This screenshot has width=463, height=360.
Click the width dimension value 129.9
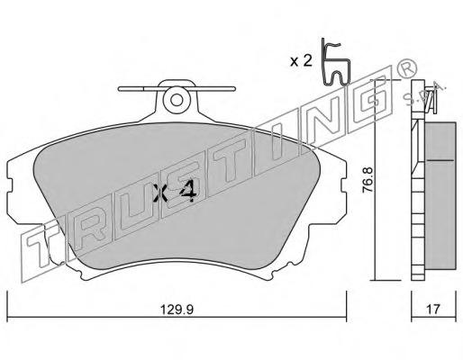pos(177,309)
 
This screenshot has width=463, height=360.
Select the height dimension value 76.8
pos(368,180)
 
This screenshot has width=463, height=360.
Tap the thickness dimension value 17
pos(433,309)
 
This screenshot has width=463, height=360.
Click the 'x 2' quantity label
pos(301,61)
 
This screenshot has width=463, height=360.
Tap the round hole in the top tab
pos(177,100)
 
